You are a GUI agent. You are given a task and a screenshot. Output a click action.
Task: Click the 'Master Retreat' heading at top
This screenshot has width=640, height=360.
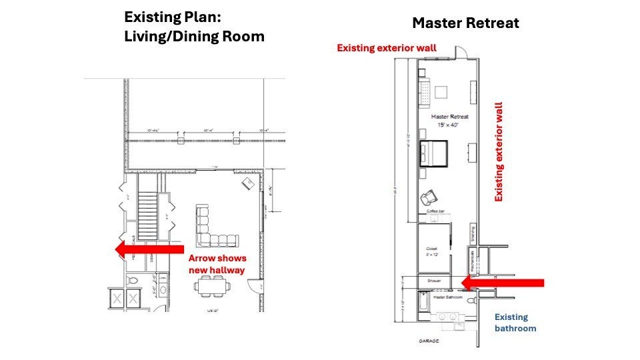(x=465, y=23)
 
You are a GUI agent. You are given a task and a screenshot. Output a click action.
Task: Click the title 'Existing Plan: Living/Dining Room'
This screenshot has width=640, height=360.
(x=194, y=27)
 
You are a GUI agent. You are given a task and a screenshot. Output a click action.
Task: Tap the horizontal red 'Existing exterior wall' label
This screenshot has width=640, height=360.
(x=387, y=48)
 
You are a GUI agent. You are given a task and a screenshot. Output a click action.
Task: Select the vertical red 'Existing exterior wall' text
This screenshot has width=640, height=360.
(x=498, y=152)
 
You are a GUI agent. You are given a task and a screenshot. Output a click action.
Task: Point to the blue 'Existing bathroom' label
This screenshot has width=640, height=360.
(x=515, y=323)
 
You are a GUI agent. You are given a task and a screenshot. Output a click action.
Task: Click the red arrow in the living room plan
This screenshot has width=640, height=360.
(x=149, y=249)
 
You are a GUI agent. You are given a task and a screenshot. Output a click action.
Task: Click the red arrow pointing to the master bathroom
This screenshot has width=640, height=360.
(x=503, y=283)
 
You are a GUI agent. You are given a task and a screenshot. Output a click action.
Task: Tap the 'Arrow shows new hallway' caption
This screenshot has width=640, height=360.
(x=217, y=264)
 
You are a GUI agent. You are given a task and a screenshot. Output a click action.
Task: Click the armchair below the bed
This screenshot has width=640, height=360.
(x=427, y=197)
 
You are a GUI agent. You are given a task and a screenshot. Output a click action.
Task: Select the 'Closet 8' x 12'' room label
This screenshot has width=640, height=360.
(x=431, y=251)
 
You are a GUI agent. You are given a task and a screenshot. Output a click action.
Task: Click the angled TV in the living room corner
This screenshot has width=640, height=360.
(x=247, y=183)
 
